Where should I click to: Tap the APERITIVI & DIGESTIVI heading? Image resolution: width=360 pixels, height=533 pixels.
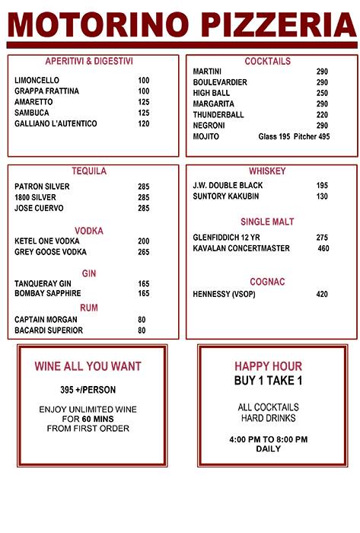coord(89,61)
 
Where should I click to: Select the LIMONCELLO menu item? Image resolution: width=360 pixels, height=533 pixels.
coord(37,80)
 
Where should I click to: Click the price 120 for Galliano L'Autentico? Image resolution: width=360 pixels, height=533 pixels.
coord(144,123)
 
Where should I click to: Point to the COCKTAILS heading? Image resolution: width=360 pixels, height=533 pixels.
coord(267,61)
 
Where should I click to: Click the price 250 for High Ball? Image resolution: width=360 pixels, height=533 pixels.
coord(322,93)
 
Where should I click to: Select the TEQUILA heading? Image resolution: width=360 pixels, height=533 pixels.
coord(89,171)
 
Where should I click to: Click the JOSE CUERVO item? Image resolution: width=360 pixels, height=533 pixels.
coord(39,208)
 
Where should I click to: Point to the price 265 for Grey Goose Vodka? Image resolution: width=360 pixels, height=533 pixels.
coord(144,252)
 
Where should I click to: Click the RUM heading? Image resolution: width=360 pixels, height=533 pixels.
coord(89,308)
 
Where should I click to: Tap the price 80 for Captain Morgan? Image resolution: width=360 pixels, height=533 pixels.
coord(142,319)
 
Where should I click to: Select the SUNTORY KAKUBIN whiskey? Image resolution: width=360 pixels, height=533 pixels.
coord(226,196)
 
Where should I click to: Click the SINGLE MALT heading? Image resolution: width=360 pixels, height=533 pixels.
coord(267,222)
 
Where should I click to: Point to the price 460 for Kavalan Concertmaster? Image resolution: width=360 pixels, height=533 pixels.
coord(323,248)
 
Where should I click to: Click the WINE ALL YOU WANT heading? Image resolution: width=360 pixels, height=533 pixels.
coord(88,366)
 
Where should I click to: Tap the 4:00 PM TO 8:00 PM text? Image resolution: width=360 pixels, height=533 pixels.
coord(268,439)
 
